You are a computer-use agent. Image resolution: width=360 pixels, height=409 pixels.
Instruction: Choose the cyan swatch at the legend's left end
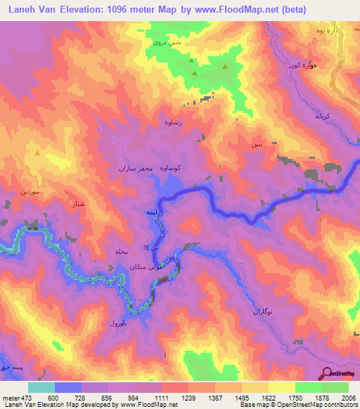[41, 387]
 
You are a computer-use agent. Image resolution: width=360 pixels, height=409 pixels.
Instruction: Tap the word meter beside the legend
[11, 397]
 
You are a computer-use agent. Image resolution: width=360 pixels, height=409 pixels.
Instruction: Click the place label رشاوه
[173, 122]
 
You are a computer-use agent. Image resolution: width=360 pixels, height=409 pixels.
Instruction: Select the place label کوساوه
[172, 168]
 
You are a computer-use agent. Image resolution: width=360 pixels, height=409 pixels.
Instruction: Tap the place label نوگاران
[265, 310]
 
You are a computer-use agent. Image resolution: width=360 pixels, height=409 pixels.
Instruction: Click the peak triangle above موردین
[37, 152]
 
